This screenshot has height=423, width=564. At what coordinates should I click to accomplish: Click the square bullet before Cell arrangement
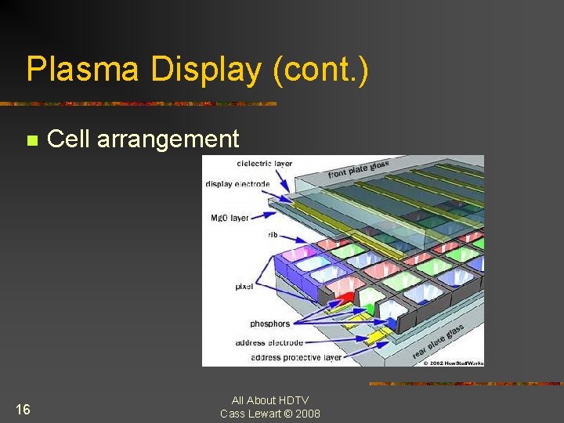point(32,141)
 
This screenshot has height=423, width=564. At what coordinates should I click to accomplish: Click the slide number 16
point(23,410)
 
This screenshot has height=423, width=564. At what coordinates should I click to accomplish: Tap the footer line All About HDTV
point(270,400)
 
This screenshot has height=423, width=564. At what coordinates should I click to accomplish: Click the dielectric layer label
point(264,164)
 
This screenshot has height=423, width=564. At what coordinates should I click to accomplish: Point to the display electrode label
point(237,184)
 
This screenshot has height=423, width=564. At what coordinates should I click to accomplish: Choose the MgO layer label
point(230,217)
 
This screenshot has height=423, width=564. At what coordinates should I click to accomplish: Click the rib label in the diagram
point(273,233)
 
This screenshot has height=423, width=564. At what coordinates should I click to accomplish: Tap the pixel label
point(244,287)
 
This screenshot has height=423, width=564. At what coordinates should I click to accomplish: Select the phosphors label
point(269,324)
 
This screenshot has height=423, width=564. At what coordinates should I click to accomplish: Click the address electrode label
point(269,343)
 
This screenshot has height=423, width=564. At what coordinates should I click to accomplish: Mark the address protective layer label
point(296,358)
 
